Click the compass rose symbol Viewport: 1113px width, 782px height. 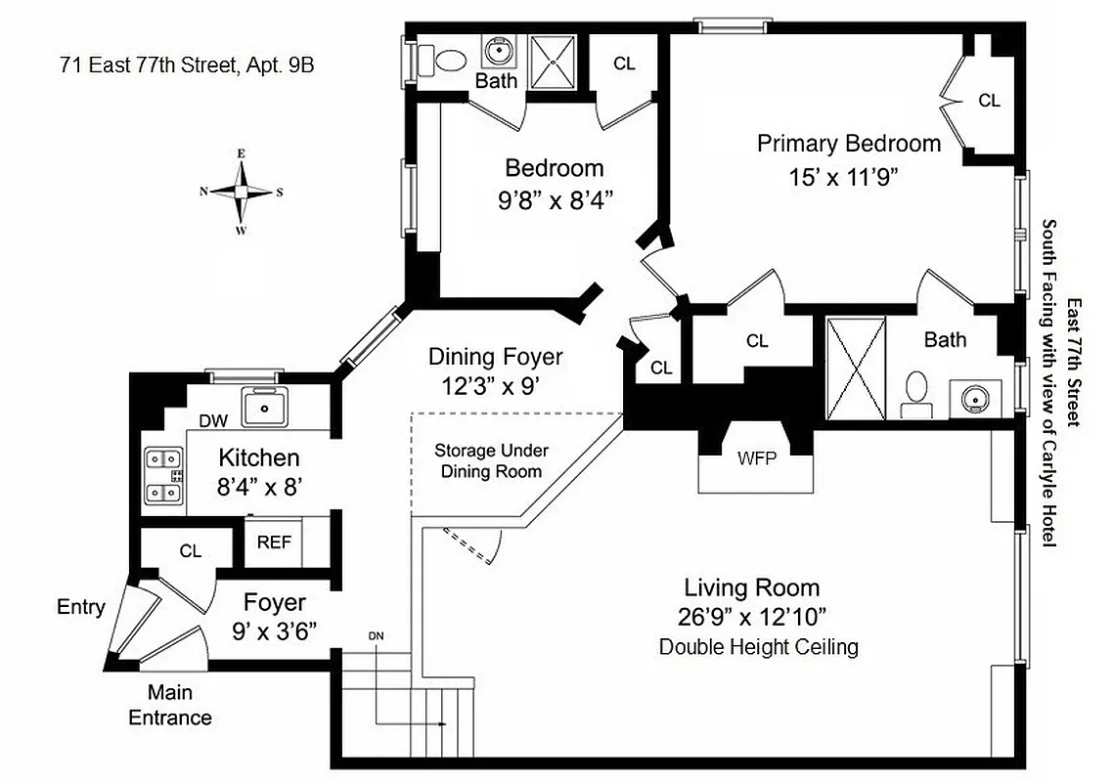(x=241, y=192)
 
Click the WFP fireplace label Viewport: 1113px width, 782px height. (x=756, y=457)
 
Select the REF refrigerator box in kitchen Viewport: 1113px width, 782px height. (x=274, y=543)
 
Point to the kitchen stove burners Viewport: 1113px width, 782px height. (x=163, y=476)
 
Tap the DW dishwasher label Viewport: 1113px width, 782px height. (x=213, y=420)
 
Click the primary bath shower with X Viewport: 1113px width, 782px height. (x=856, y=368)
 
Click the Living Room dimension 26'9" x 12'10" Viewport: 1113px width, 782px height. (x=753, y=617)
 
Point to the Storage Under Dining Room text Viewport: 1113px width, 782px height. (x=492, y=460)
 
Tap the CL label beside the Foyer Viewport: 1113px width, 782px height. (x=190, y=551)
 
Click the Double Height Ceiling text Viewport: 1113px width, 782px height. (x=758, y=646)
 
